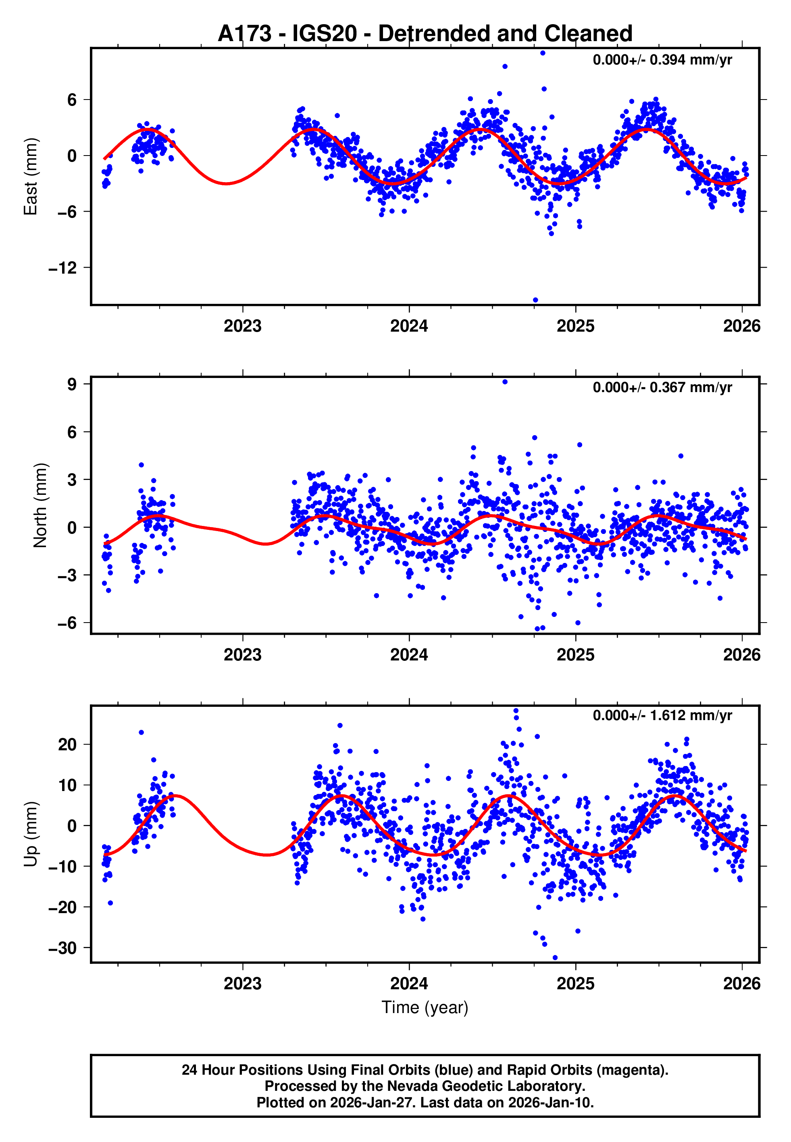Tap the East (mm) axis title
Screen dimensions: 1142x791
click(31, 177)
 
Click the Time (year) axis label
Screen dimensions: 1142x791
click(425, 1007)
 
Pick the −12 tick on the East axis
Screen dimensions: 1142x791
click(62, 268)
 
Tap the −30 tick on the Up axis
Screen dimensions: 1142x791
click(62, 948)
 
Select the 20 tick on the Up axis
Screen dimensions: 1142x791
click(67, 744)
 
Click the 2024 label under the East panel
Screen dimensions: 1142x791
click(409, 326)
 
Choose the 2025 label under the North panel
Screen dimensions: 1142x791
click(575, 655)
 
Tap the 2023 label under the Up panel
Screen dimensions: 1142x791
click(242, 983)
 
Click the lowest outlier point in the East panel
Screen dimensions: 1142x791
click(535, 300)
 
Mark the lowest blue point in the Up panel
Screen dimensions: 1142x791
click(555, 958)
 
